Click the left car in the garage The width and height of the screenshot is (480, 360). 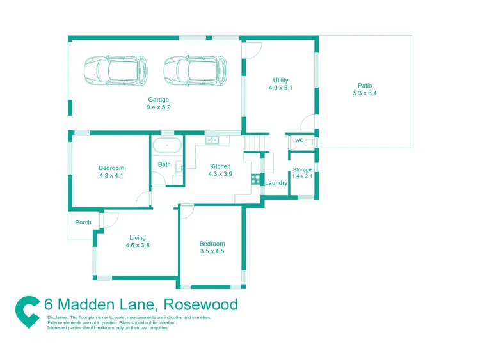(116, 70)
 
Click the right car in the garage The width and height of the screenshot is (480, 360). (195, 70)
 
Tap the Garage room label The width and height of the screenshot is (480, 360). (158, 100)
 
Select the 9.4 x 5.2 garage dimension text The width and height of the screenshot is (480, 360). (158, 107)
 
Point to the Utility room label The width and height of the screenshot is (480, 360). (280, 81)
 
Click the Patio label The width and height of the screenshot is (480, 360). (365, 86)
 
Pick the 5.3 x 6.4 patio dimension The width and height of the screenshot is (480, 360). (365, 93)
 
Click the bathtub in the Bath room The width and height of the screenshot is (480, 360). (168, 145)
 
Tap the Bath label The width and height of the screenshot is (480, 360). (164, 164)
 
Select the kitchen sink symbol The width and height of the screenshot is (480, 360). (212, 139)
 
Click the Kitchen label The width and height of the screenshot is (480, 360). (220, 167)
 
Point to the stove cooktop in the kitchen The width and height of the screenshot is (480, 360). (255, 178)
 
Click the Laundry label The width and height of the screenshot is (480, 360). (276, 183)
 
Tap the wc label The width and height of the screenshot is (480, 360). (299, 140)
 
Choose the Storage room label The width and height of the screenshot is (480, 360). (302, 169)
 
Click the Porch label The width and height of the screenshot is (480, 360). (83, 223)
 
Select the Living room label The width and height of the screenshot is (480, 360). (137, 238)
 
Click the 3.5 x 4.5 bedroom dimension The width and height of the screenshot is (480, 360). (212, 251)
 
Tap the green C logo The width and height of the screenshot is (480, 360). (28, 309)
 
